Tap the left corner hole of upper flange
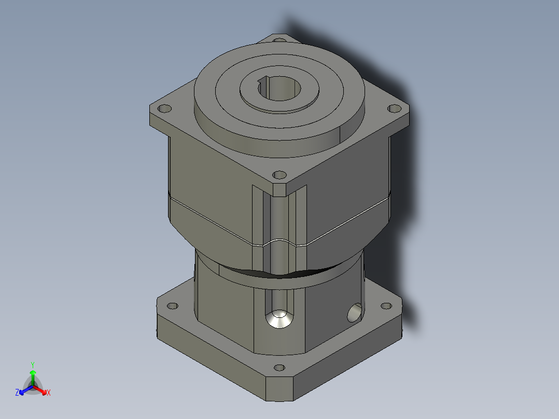coord(164,109)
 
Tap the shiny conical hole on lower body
coord(279,319)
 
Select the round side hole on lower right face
coord(355,313)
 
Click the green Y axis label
coord(32,365)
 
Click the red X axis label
coord(49,393)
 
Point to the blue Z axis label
coord(17,393)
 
